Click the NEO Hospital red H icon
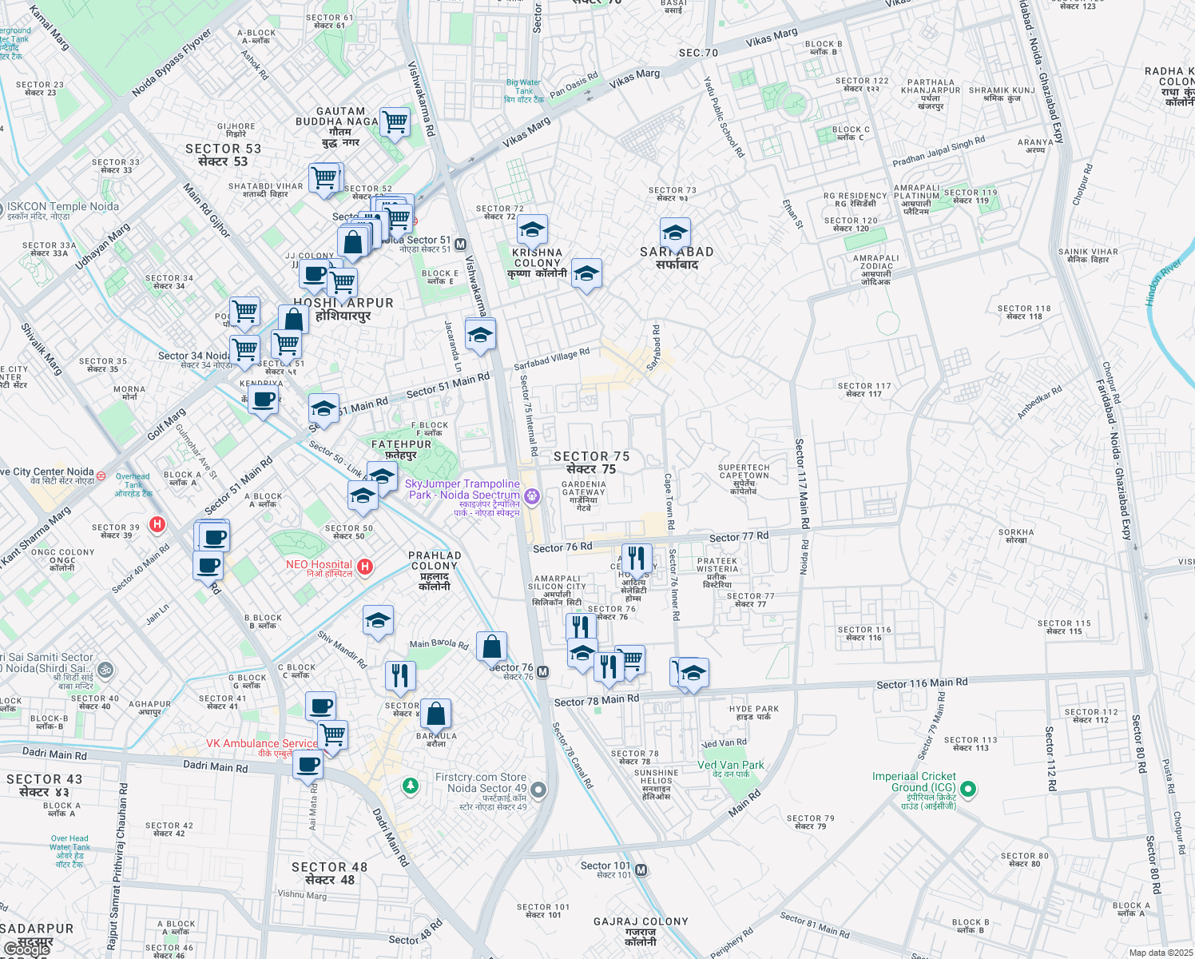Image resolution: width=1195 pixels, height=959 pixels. click(365, 567)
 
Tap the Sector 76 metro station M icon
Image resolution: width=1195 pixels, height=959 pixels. click(543, 671)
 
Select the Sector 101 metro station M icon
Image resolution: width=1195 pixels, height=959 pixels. click(641, 869)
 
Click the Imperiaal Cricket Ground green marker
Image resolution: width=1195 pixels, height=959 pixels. click(968, 790)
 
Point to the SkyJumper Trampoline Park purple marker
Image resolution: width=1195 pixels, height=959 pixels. click(532, 497)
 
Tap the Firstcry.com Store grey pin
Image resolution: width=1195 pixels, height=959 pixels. click(538, 790)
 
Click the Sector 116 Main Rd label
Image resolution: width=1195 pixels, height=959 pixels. click(922, 683)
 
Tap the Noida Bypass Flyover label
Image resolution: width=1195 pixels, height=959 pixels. click(171, 63)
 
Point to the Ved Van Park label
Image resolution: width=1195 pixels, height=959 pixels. click(730, 765)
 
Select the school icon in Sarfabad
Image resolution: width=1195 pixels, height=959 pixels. click(675, 233)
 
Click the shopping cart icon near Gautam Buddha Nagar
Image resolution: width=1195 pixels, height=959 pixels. click(395, 122)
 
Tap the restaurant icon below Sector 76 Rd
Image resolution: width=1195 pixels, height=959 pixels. click(636, 559)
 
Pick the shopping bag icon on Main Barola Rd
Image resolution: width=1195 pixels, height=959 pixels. click(491, 646)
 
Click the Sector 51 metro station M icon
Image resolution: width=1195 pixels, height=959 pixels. click(460, 245)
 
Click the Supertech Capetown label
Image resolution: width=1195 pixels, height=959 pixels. click(744, 472)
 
